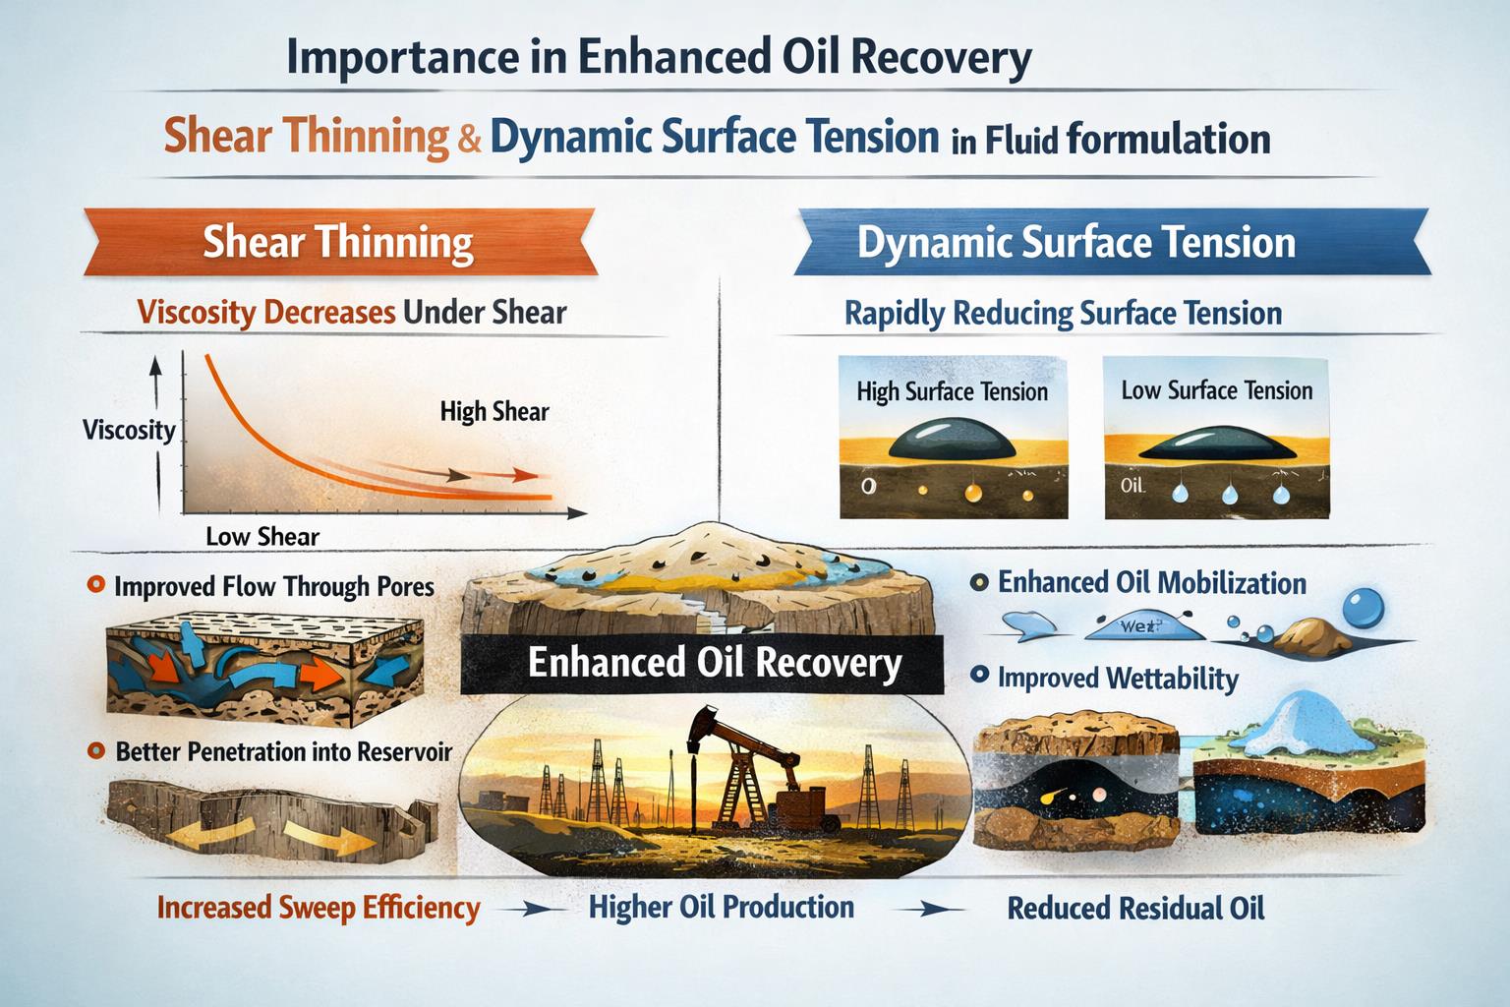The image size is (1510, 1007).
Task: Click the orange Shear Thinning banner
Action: pos(339,242)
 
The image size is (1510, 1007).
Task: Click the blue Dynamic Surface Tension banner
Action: pos(1075,242)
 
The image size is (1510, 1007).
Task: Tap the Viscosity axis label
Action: pos(129,430)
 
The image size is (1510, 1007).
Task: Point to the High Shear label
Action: pos(494,411)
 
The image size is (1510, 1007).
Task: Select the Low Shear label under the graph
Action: pos(262,537)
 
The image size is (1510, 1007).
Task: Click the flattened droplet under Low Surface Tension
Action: pos(1217,445)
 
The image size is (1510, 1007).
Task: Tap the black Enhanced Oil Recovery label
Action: pos(714,662)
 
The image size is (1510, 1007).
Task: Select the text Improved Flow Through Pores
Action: pos(274,587)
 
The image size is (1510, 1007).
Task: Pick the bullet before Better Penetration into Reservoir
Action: pos(95,751)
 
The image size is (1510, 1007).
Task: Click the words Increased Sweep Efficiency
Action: pos(319,908)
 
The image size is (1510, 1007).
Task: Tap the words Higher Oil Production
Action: pos(721,907)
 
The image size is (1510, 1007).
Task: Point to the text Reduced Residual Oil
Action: pos(1135,908)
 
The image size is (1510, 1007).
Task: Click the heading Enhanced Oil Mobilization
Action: pos(1151,583)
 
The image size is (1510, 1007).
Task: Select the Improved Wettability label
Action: pos(1118,679)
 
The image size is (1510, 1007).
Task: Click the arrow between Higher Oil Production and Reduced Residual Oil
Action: pos(924,910)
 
